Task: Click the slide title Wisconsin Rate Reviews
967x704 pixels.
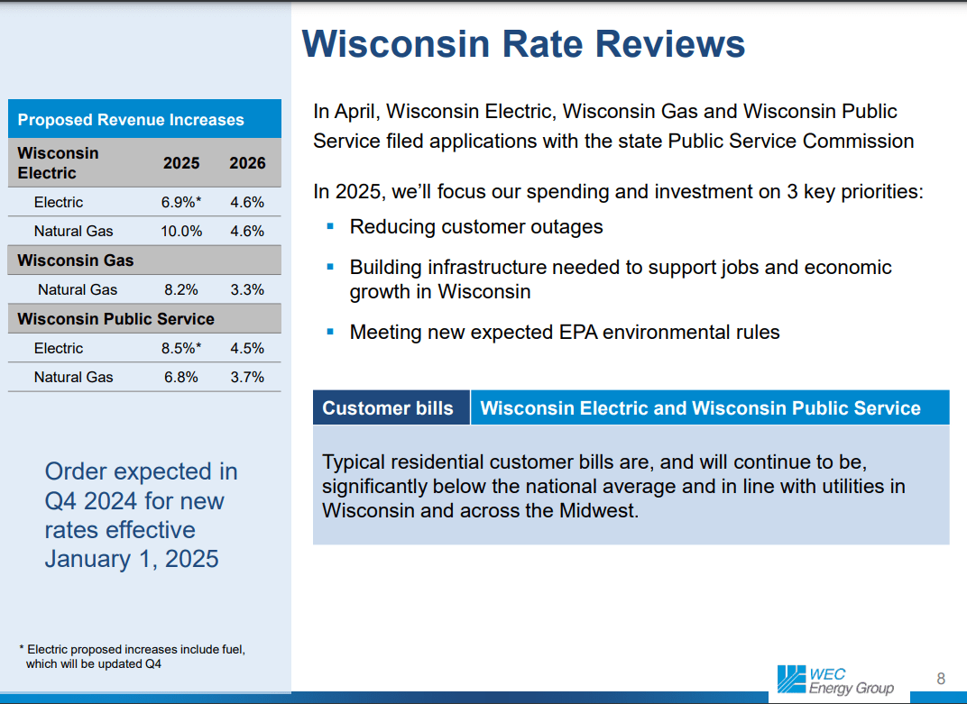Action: (x=523, y=43)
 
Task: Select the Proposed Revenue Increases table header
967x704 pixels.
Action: (x=131, y=120)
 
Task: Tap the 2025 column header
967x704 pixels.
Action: (x=181, y=163)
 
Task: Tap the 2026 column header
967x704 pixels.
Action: (x=247, y=163)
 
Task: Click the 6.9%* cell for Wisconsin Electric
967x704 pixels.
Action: (x=181, y=203)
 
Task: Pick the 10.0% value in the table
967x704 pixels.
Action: (x=181, y=232)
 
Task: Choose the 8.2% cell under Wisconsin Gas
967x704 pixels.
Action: (x=181, y=290)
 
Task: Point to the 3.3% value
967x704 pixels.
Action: (x=247, y=290)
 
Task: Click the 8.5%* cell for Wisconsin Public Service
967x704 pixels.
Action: (x=181, y=349)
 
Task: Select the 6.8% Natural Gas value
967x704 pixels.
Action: (x=181, y=378)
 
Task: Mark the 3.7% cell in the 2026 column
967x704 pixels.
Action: (x=247, y=378)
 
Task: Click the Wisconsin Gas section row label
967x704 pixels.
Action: (x=76, y=261)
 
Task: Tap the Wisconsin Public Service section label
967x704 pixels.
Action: (x=115, y=319)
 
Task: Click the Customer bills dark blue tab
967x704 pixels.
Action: (x=388, y=408)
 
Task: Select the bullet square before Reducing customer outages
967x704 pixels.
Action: (x=330, y=225)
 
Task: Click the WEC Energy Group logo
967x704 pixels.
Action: (x=835, y=681)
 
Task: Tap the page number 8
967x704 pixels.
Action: (x=941, y=679)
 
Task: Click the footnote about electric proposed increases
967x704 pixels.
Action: (x=133, y=656)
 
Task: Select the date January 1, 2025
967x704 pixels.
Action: (x=132, y=559)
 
